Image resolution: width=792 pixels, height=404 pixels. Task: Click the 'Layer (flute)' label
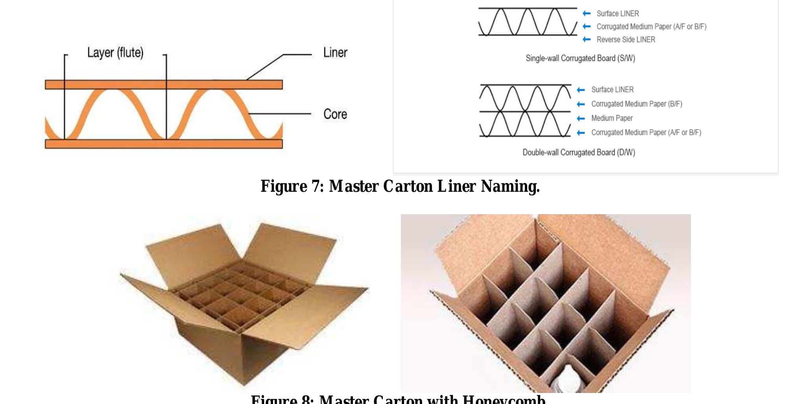(115, 53)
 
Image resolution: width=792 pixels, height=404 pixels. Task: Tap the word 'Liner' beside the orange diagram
(335, 53)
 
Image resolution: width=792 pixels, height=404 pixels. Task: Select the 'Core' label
(335, 114)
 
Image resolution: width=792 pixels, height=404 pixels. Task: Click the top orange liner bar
(164, 84)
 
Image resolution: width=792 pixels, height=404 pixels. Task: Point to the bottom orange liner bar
(164, 144)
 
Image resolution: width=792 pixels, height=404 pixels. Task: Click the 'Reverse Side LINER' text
(626, 40)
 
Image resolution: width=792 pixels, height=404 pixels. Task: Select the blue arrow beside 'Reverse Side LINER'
(587, 39)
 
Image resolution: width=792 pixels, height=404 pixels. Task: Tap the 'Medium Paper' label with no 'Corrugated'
(612, 118)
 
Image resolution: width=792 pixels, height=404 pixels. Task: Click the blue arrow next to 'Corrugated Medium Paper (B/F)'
(581, 104)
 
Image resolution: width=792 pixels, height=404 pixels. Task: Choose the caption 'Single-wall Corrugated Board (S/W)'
(580, 59)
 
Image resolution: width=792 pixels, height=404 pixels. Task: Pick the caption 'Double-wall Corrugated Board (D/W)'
(579, 152)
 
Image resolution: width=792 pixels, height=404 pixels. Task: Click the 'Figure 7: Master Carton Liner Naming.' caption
(400, 186)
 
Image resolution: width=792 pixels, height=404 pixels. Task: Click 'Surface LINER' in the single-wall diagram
(618, 14)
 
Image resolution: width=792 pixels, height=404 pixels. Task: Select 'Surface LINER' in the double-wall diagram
(612, 90)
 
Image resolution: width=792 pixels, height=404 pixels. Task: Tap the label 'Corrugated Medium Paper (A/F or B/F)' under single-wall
(652, 27)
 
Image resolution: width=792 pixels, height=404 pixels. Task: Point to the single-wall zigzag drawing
(528, 22)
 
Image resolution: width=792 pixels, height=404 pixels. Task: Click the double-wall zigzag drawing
(525, 111)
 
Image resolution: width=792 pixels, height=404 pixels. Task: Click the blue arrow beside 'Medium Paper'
(581, 118)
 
